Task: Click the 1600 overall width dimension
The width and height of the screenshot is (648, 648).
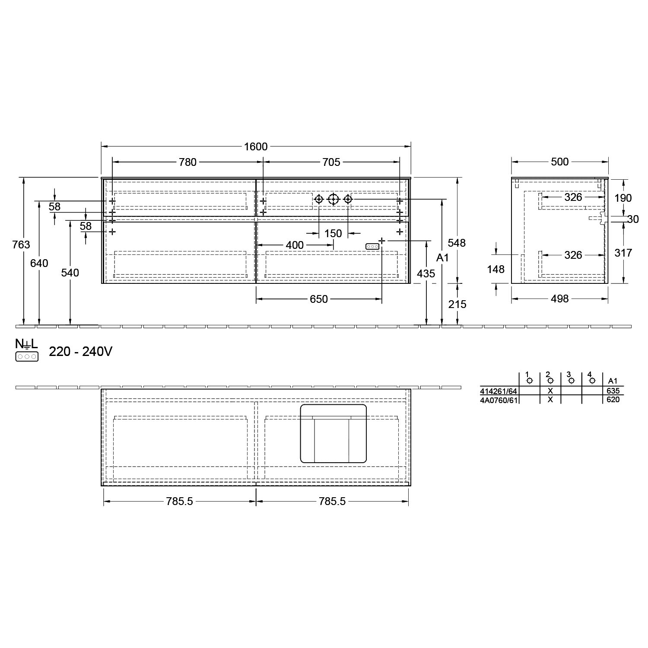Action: (256, 147)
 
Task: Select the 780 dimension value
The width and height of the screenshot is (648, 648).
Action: (187, 162)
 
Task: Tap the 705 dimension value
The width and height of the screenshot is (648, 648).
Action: (331, 162)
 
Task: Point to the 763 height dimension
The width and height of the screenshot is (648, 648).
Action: (22, 245)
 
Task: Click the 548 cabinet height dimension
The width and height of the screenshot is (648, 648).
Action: (457, 243)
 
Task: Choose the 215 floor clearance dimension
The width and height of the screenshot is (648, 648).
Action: (457, 304)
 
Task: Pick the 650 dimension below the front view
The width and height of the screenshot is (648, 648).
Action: (319, 299)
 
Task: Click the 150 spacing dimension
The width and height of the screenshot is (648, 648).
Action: (333, 233)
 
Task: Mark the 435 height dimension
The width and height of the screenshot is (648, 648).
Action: (426, 273)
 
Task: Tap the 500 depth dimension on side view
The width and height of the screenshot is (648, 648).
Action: (560, 162)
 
